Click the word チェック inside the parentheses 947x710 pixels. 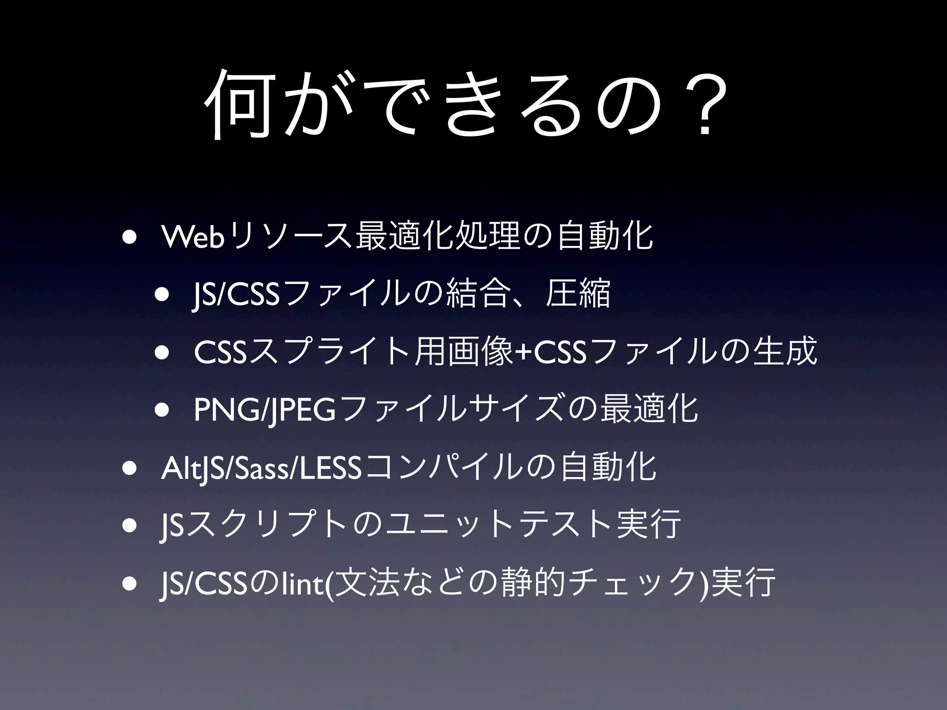coord(634,583)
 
